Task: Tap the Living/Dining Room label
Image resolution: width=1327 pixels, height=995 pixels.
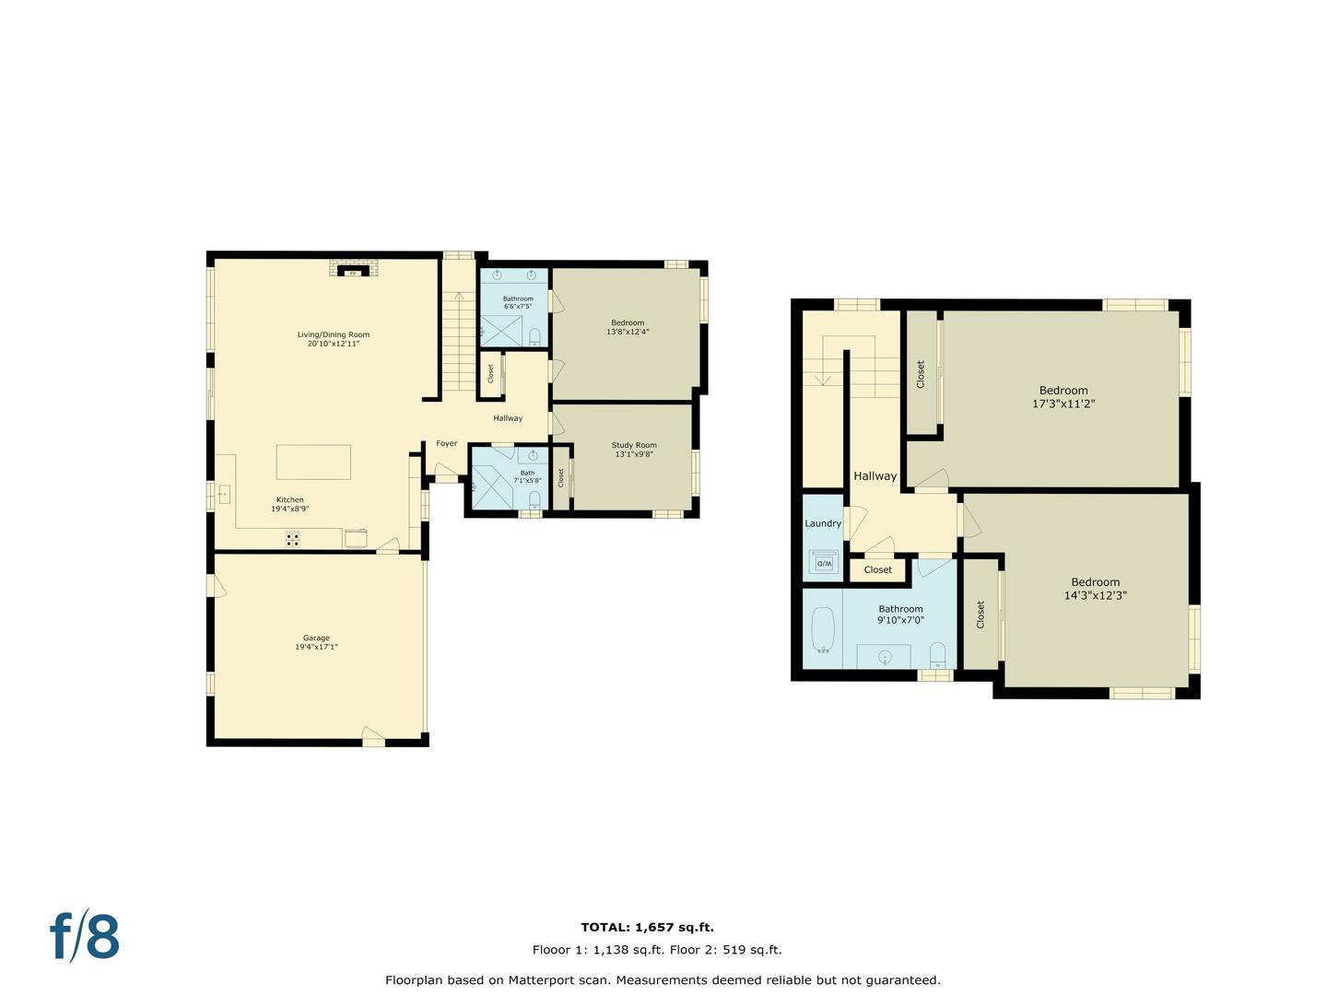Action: pyautogui.click(x=333, y=334)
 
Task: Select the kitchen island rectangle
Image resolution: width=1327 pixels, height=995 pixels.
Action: pyautogui.click(x=313, y=462)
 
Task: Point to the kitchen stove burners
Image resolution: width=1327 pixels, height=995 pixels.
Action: pyautogui.click(x=293, y=539)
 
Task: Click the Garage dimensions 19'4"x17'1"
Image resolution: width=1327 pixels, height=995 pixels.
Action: pyautogui.click(x=316, y=647)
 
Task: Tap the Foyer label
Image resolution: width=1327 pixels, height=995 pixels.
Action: pyautogui.click(x=447, y=443)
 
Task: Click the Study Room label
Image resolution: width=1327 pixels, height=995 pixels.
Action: pyautogui.click(x=634, y=445)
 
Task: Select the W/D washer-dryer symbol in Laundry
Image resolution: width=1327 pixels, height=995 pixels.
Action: pyautogui.click(x=824, y=563)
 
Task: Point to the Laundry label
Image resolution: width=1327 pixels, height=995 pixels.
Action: pyautogui.click(x=823, y=524)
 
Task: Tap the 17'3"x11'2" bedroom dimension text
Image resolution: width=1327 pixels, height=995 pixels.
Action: pyautogui.click(x=1063, y=404)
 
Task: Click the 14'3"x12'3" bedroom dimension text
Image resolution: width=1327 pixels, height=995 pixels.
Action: pyautogui.click(x=1096, y=595)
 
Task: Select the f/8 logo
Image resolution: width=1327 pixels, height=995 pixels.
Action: pyautogui.click(x=85, y=936)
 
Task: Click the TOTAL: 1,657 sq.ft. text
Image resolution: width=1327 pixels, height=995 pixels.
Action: pyautogui.click(x=648, y=928)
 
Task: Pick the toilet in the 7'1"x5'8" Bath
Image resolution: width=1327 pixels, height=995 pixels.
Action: pyautogui.click(x=534, y=500)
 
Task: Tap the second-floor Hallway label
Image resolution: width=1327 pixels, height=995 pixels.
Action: pyautogui.click(x=875, y=476)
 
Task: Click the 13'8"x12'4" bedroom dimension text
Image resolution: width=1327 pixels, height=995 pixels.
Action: pyautogui.click(x=628, y=332)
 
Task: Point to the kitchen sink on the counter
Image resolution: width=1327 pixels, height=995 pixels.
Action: pyautogui.click(x=224, y=495)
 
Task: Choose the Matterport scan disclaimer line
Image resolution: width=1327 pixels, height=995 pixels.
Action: pyautogui.click(x=663, y=980)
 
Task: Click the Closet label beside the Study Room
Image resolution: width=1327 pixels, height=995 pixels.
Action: pyautogui.click(x=561, y=478)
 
